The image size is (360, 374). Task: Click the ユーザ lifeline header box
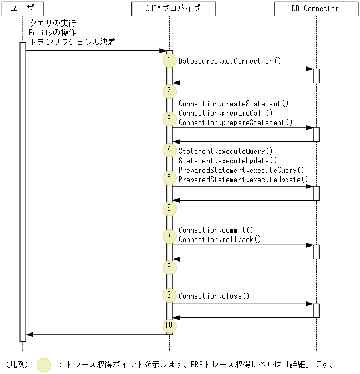[x=23, y=9]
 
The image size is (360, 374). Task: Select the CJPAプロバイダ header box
[x=170, y=9]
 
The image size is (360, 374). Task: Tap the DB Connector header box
[x=316, y=9]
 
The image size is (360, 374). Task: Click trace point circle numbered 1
[x=168, y=60]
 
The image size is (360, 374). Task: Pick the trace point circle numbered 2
[x=168, y=90]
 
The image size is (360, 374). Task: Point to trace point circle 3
[x=168, y=119]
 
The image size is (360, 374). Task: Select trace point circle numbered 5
[x=168, y=178]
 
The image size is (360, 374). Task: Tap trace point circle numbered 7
[x=168, y=237]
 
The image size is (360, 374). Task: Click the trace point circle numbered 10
[x=168, y=325]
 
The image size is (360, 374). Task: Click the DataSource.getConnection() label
[x=226, y=61]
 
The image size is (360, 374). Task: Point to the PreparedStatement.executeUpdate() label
[x=243, y=180]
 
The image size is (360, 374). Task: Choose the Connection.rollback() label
[x=220, y=240]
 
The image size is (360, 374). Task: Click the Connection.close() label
[x=214, y=296]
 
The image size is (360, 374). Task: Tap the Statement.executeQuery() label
[x=226, y=151]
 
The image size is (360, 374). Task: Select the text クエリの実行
[x=53, y=23]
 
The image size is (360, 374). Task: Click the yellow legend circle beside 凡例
[x=44, y=365]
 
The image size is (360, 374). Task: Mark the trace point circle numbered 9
[x=168, y=295]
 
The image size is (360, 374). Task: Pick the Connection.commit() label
[x=216, y=230]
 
